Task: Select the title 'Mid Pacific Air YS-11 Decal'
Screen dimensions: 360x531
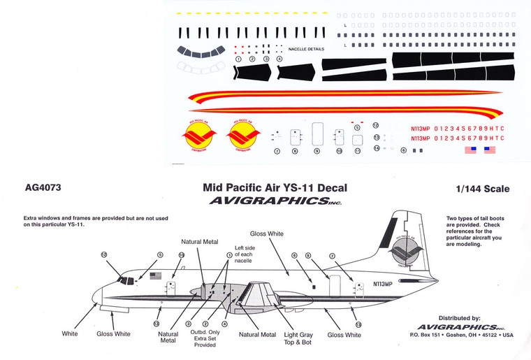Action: [275, 188]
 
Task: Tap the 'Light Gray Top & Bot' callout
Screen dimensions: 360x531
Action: [298, 339]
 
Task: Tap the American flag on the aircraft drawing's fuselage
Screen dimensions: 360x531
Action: [155, 275]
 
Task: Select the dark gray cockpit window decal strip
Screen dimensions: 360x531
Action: [198, 52]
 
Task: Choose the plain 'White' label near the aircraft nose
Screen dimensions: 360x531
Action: [69, 334]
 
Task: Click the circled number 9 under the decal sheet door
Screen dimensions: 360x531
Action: [317, 150]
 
